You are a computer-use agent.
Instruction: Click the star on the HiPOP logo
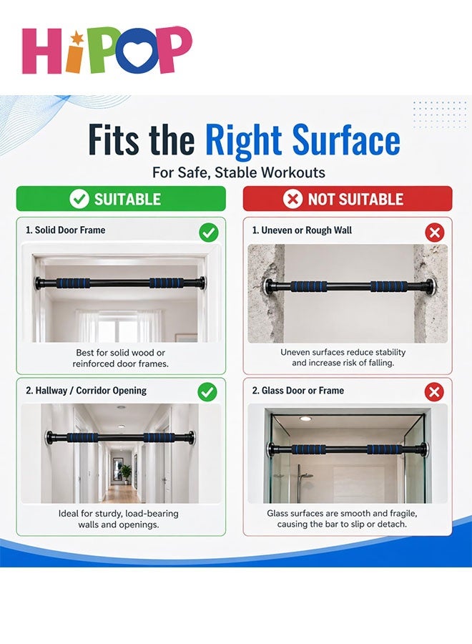tap(77, 38)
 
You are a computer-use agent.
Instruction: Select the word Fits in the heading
tap(113, 140)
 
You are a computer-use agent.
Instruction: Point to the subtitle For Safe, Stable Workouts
tap(238, 172)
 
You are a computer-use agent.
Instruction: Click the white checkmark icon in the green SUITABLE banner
tap(79, 199)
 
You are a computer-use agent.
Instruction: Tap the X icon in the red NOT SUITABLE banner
tap(292, 199)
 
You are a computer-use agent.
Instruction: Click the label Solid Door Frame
tap(70, 230)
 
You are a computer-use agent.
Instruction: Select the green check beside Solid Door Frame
tap(209, 233)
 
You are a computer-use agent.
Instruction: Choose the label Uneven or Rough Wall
tap(307, 230)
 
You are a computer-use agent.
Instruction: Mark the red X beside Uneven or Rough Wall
tap(435, 233)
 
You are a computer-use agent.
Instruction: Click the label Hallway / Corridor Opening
tap(91, 390)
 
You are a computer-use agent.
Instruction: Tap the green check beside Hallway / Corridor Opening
tap(207, 392)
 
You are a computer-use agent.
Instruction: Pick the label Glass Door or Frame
tap(303, 390)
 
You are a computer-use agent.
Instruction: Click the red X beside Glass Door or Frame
tap(434, 392)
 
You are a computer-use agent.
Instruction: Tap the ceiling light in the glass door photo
tap(305, 419)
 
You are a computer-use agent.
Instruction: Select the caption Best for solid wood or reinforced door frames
tap(121, 358)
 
